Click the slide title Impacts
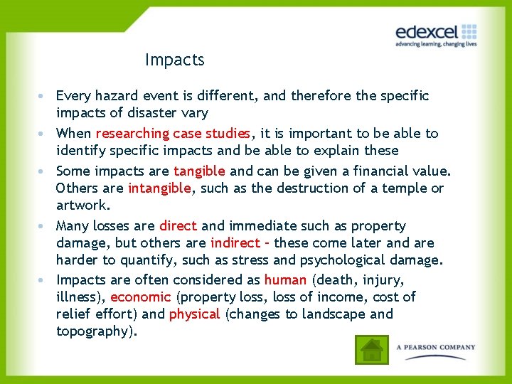174,60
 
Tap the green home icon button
371,350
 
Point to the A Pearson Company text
435,348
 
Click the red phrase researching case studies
173,133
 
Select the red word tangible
199,171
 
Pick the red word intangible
159,188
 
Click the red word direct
178,226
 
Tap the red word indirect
235,243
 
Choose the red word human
285,280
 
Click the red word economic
141,297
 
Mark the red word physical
194,314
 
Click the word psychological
352,260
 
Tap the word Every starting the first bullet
73,95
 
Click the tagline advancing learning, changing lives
436,44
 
